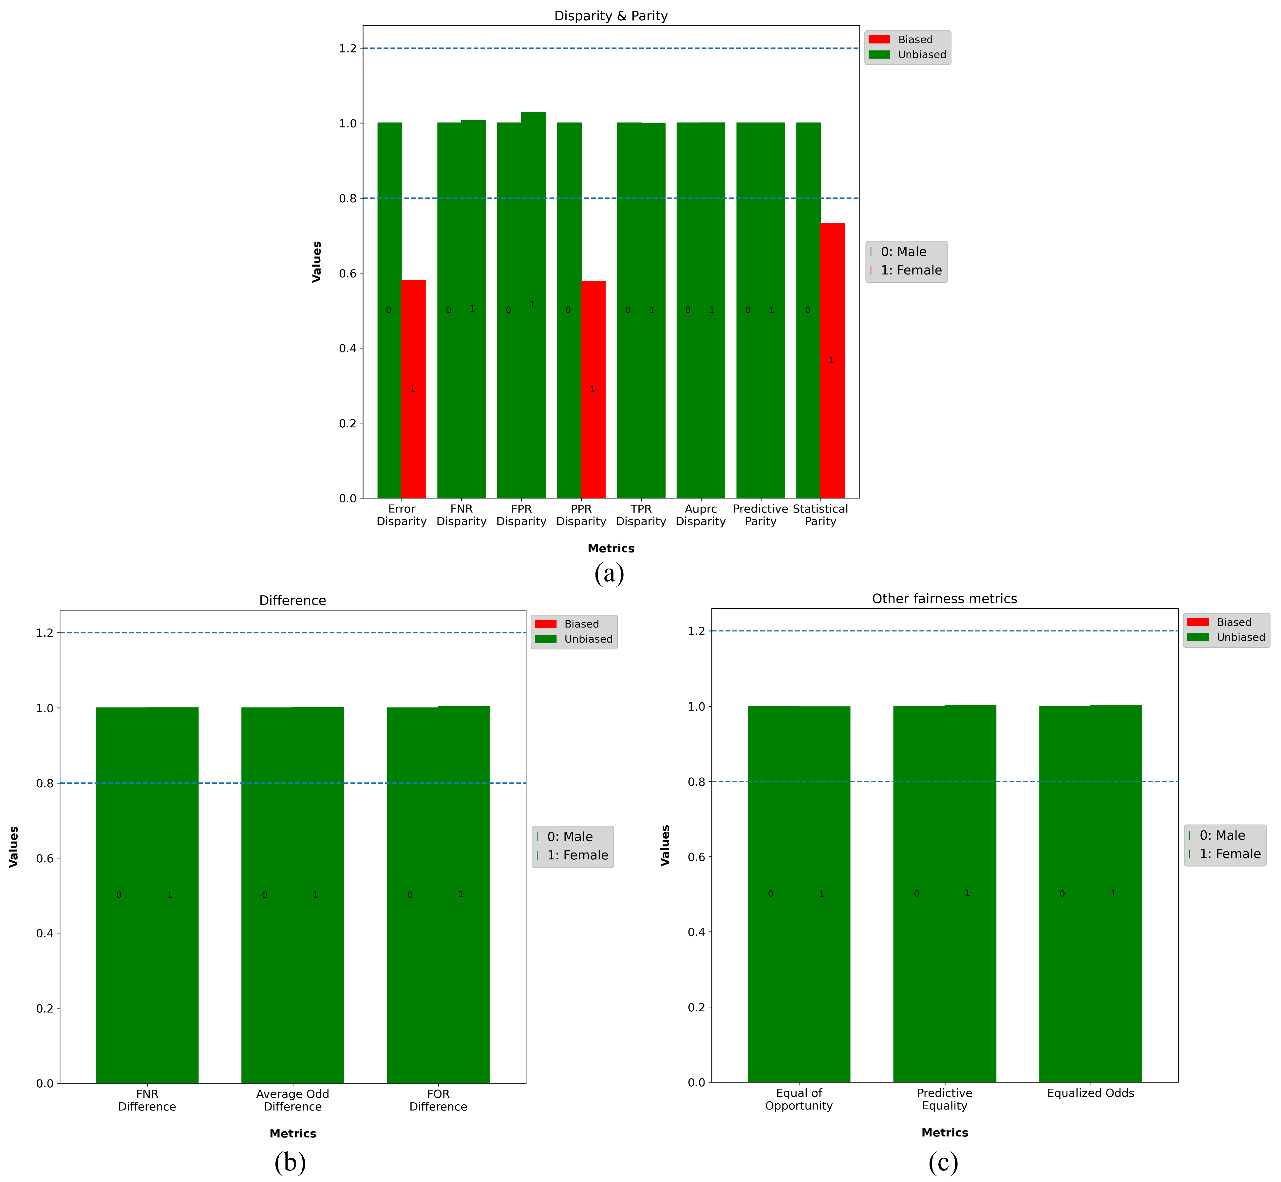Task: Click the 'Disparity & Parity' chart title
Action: coord(611,16)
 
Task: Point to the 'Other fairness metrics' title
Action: coord(944,599)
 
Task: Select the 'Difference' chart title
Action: coord(292,600)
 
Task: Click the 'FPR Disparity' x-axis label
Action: coord(521,515)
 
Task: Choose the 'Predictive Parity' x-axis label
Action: coord(761,515)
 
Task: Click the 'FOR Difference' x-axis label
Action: coord(438,1100)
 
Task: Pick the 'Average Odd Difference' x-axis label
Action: coord(292,1100)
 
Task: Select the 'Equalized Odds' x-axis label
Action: coord(1090,1093)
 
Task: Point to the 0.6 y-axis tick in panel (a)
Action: coord(347,273)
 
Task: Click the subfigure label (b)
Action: coord(290,1162)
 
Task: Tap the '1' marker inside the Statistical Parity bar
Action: coord(831,360)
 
